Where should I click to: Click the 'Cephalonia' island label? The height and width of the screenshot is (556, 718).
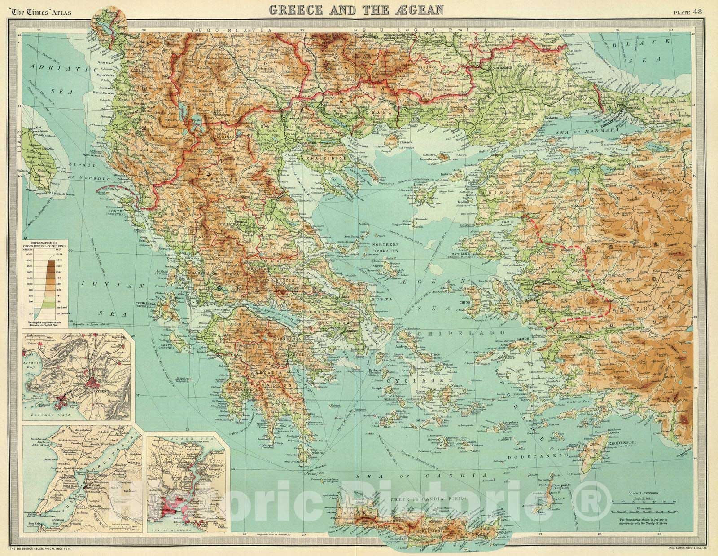[x=146, y=304]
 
